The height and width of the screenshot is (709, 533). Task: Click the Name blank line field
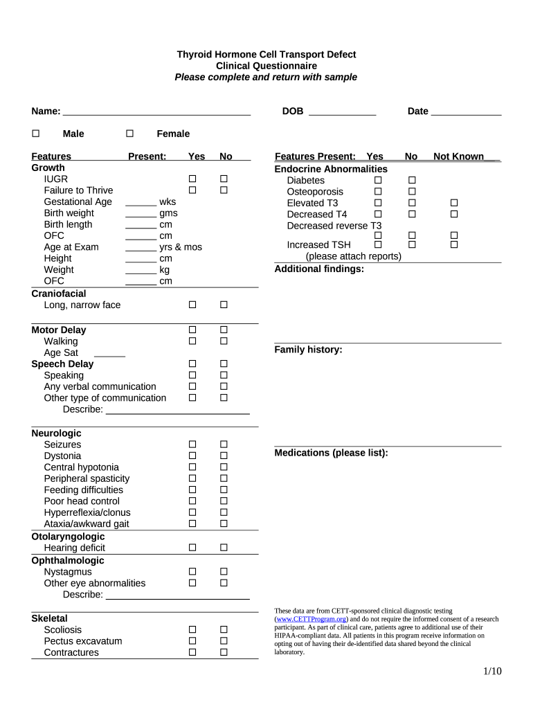[x=156, y=112]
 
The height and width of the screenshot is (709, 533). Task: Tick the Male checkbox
[x=36, y=134]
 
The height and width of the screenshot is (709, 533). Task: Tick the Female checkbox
[x=129, y=134]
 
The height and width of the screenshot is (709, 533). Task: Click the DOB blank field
[x=342, y=112]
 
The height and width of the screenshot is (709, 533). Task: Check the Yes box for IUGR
[x=192, y=179]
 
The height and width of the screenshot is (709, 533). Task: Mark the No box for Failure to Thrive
[x=224, y=190]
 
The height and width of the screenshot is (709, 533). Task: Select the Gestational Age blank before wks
[x=141, y=203]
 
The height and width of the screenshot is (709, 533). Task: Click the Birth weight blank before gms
[x=141, y=214]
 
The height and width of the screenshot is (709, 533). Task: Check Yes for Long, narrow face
[x=192, y=305]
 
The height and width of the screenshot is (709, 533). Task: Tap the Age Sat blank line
[x=109, y=354]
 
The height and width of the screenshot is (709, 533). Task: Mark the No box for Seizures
[x=224, y=445]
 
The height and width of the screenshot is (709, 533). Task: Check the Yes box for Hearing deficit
[x=192, y=548]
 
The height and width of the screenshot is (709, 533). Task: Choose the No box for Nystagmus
[x=224, y=572]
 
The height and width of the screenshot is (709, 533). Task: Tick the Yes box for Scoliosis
[x=192, y=630]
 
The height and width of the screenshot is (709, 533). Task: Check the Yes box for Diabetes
[x=378, y=181]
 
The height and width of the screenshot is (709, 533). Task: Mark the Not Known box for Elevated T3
[x=454, y=203]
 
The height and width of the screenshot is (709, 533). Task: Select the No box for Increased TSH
[x=412, y=244]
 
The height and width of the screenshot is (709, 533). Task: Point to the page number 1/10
[x=492, y=671]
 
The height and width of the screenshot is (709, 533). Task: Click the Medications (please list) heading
[x=331, y=453]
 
